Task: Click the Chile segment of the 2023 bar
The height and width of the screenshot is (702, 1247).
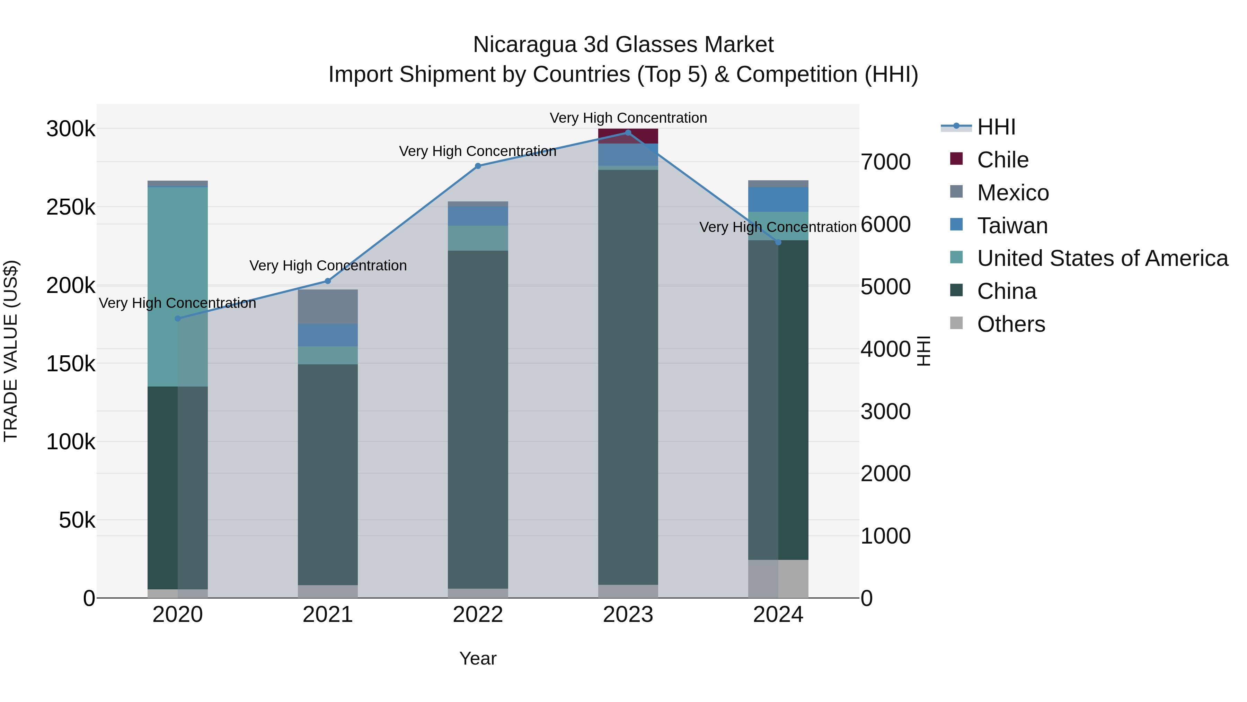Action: (628, 136)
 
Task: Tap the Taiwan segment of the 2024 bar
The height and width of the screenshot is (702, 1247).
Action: (778, 200)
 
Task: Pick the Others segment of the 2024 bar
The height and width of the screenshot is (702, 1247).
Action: (778, 579)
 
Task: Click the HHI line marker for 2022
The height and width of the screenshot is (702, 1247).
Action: (478, 166)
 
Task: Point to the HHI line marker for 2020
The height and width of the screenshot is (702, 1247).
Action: (178, 318)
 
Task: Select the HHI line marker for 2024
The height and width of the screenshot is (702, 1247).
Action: (778, 242)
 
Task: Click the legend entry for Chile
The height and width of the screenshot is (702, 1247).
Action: (1002, 160)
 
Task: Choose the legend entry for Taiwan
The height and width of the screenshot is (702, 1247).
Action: (1012, 226)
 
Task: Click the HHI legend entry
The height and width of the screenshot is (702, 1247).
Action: (995, 127)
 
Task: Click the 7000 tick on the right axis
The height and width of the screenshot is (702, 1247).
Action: (885, 162)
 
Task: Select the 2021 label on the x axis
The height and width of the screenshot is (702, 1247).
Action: (328, 615)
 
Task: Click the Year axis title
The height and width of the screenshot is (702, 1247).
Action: (478, 658)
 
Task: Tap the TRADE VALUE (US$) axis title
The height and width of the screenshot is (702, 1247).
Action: (11, 351)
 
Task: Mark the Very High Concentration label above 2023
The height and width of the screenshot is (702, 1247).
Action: (628, 118)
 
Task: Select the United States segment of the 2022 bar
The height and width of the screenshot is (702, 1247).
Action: (478, 238)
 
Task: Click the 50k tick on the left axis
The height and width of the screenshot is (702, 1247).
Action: (77, 520)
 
